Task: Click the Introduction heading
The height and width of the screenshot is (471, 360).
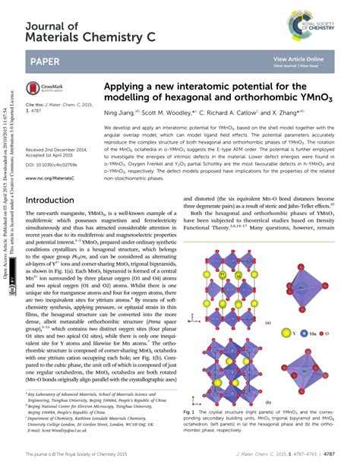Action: tap(56, 201)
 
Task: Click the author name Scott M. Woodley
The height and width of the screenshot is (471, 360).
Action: tap(168, 112)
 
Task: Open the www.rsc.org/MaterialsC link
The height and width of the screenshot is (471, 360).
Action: tap(50, 179)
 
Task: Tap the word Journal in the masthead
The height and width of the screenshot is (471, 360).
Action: tap(52, 26)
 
